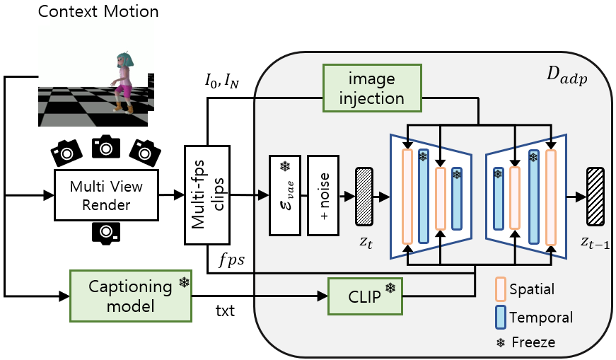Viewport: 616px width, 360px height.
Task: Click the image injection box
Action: point(371,88)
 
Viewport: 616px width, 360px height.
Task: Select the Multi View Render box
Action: point(106,196)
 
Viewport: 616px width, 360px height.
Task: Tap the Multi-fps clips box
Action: point(208,196)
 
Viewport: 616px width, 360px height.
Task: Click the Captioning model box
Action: point(131,295)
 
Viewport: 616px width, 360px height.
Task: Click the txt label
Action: point(223,311)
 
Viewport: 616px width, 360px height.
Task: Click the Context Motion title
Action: point(98,12)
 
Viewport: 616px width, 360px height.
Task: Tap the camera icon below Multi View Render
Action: point(105,232)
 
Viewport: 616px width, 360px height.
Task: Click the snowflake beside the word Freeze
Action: point(501,343)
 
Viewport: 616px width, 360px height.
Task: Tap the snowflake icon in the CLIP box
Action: point(389,288)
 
